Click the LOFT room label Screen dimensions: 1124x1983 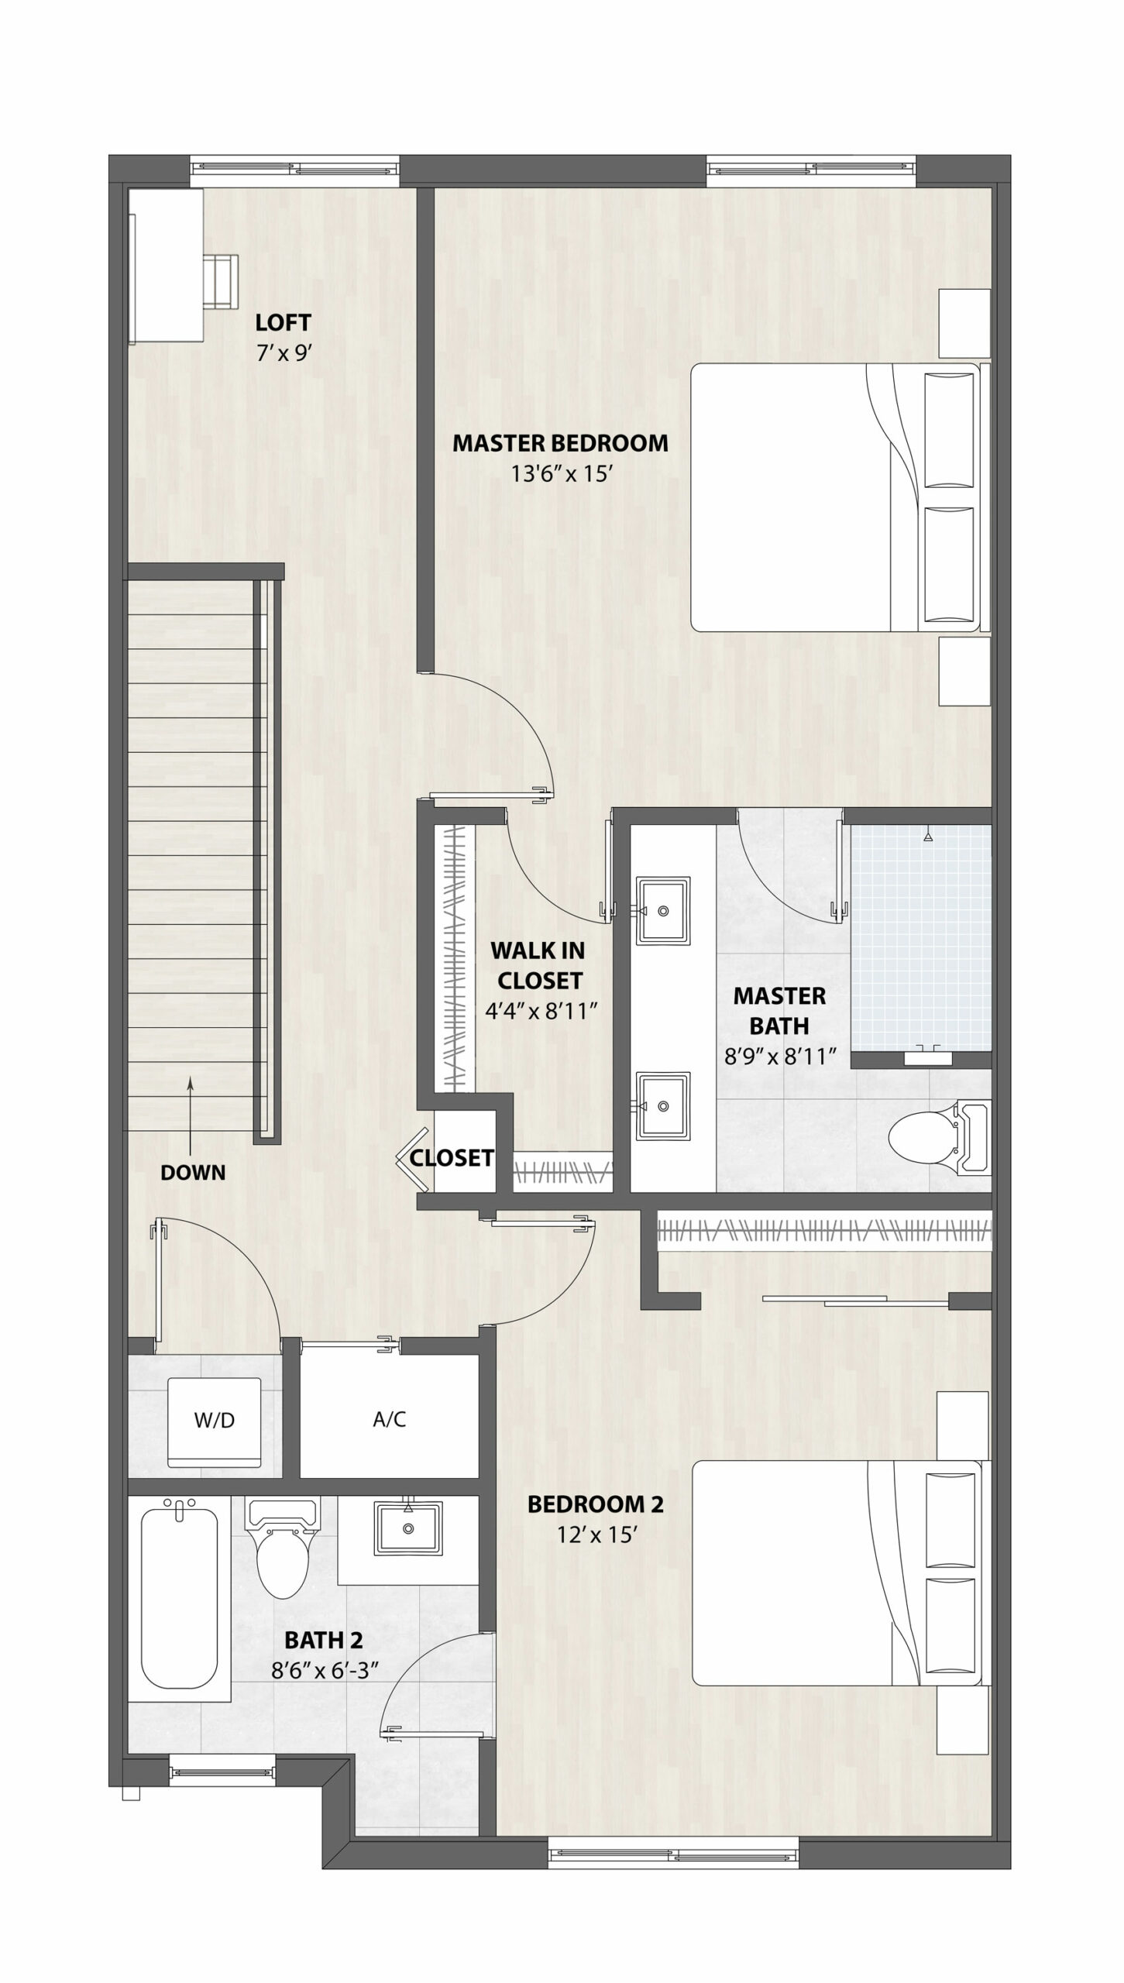284,321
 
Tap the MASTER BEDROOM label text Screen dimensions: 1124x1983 560,443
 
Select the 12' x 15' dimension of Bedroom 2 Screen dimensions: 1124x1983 596,1535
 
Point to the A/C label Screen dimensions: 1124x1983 389,1419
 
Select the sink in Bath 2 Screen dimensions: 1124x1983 407,1528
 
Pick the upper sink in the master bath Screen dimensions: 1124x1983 662,911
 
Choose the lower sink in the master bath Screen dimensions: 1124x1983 662,1106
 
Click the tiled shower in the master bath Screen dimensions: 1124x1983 921,940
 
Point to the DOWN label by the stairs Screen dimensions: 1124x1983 193,1173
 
